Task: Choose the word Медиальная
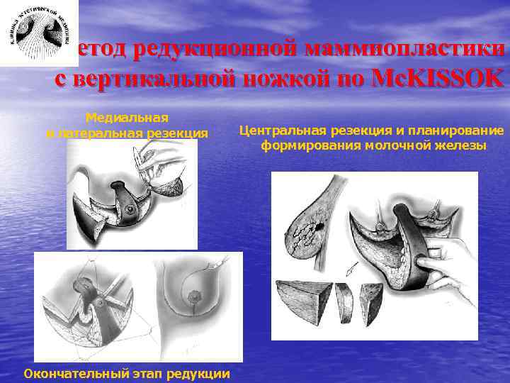coord(127,118)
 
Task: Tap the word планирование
coord(461,131)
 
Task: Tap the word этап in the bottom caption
coord(151,373)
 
